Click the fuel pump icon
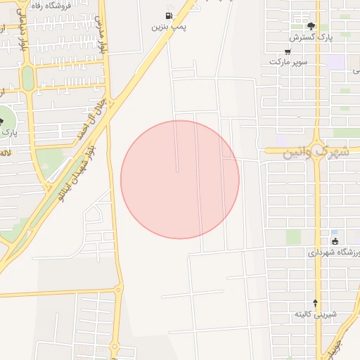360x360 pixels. tap(169, 15)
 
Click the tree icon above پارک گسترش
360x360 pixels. tap(311, 26)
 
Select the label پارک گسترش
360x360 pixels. tap(307, 37)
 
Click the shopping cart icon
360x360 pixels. tap(288, 51)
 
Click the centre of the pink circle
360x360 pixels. tap(180, 179)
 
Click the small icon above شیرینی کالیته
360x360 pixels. tap(316, 302)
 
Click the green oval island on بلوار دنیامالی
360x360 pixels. tap(27, 78)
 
